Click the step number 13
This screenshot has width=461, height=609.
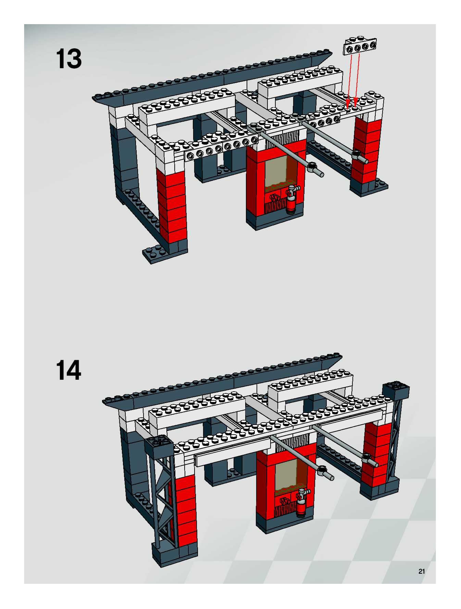coord(68,59)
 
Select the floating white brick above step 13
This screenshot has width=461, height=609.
coord(360,46)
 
